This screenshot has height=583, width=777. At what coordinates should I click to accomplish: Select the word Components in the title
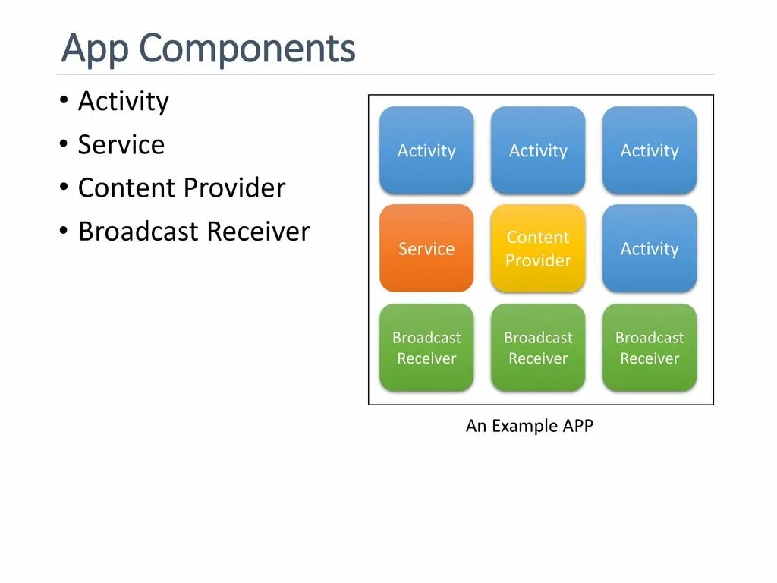coord(247,49)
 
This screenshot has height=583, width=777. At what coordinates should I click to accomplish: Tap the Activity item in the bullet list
coord(123,102)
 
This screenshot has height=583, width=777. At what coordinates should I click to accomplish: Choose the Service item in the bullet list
coord(121,145)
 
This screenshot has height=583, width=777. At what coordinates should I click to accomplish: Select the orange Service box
coord(426,248)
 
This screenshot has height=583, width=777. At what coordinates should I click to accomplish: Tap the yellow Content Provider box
coord(538,248)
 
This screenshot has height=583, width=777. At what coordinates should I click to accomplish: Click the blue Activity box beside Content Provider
coord(650,248)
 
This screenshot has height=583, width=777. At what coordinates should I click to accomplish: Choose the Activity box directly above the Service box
coord(426,150)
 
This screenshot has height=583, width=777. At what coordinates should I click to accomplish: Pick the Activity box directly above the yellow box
coord(538,150)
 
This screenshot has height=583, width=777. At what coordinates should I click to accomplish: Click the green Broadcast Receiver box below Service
coord(426,348)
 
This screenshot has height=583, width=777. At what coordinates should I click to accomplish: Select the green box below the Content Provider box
coord(538,348)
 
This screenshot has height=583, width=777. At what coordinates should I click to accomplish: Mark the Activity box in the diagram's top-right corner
coord(650,150)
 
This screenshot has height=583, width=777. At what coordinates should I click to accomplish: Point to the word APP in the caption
coord(577,426)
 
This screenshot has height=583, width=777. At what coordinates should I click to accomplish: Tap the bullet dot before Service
coord(64,144)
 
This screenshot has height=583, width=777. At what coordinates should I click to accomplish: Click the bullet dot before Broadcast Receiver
coord(64,231)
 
